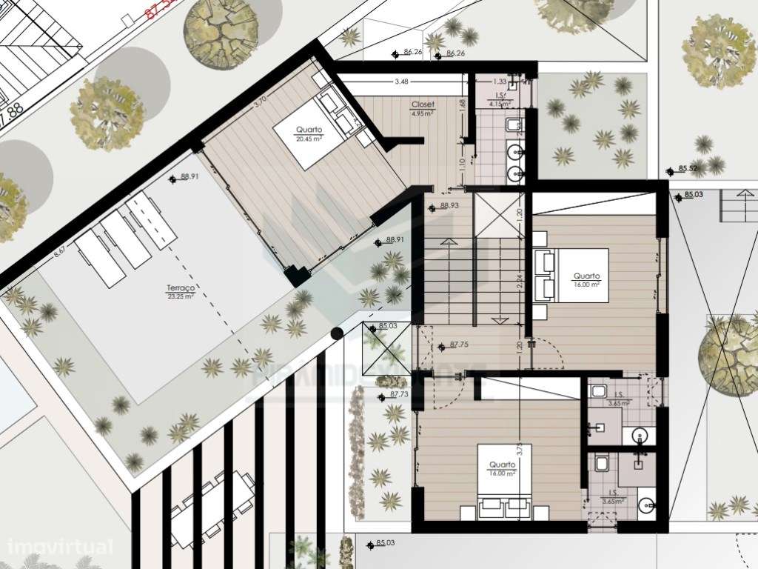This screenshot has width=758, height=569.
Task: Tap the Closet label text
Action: click(423, 105)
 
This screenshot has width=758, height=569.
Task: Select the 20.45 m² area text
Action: click(309, 139)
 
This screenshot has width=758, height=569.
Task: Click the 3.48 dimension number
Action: click(401, 81)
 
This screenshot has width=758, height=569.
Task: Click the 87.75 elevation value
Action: click(460, 345)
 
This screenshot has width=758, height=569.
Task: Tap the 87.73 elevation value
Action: click(400, 395)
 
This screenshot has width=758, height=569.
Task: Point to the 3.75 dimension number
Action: click(520, 450)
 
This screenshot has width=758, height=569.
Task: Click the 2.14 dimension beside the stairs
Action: click(520, 282)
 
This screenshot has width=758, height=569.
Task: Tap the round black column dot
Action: click(337, 333)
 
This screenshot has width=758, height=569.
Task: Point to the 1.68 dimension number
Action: click(463, 105)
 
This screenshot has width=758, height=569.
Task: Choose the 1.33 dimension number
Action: click(500, 81)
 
